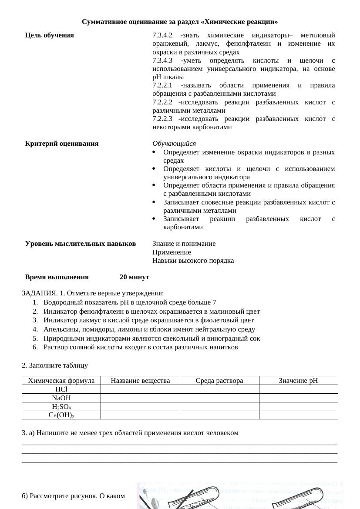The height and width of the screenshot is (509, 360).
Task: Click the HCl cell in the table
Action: [x=61, y=389]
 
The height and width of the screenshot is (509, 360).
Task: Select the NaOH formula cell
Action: [x=61, y=398]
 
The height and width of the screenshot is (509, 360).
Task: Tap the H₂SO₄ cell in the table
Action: [x=61, y=406]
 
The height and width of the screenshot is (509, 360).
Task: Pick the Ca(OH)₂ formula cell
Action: [x=61, y=415]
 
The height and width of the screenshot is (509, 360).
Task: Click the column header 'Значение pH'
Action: [x=298, y=381]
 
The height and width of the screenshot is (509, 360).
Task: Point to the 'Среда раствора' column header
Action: [x=219, y=381]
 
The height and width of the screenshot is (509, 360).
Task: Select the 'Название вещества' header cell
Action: [x=140, y=381]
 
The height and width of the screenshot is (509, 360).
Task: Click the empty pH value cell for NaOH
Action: [x=298, y=398]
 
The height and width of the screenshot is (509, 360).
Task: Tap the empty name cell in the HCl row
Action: [x=140, y=389]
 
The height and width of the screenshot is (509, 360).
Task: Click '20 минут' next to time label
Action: [x=135, y=277]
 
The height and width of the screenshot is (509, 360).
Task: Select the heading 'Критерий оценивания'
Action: [x=62, y=144]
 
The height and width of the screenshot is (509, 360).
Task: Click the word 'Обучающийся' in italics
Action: [x=174, y=144]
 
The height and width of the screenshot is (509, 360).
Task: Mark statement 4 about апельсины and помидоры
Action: [x=149, y=329]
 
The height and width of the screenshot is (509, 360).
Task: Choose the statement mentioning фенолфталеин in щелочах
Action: [x=151, y=311]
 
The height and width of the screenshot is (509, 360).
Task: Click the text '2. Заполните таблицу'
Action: [x=55, y=365]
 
